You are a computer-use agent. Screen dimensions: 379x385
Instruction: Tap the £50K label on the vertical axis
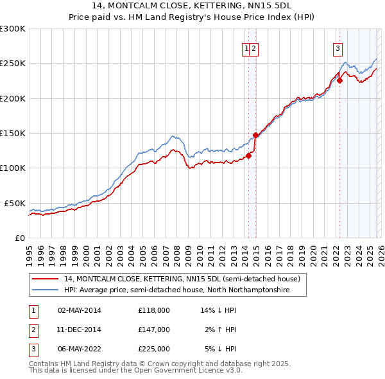13,203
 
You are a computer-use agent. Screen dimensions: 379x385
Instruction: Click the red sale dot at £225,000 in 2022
339,81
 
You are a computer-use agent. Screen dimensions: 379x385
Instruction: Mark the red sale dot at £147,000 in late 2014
255,135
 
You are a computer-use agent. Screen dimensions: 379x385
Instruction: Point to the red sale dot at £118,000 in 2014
248,155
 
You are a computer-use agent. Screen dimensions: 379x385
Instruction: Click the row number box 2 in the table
33,330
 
